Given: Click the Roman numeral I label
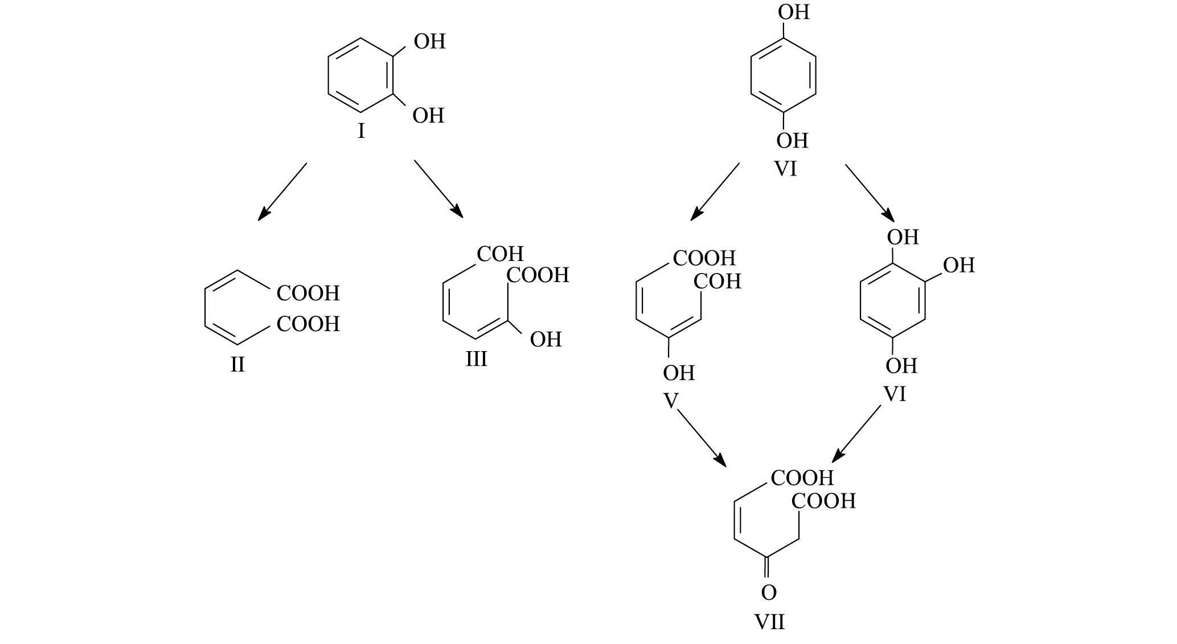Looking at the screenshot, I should pyautogui.click(x=361, y=132).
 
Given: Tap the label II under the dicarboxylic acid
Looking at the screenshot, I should pyautogui.click(x=237, y=364).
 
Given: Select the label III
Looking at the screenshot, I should pyautogui.click(x=476, y=359).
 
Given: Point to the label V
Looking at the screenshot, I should pyautogui.click(x=671, y=401).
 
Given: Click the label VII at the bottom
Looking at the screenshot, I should pyautogui.click(x=769, y=621).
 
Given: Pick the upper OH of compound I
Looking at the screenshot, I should pyautogui.click(x=429, y=42).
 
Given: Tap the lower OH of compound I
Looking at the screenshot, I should pyautogui.click(x=428, y=116).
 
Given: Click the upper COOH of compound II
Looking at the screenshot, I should pyautogui.click(x=308, y=294).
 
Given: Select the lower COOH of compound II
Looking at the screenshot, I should pyautogui.click(x=308, y=324).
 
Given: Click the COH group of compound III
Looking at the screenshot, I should pyautogui.click(x=500, y=254).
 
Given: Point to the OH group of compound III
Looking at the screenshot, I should pyautogui.click(x=546, y=340).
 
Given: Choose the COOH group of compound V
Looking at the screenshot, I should pyautogui.click(x=704, y=258).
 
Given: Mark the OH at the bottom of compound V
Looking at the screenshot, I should pyautogui.click(x=679, y=373).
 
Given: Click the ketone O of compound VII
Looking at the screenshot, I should pyautogui.click(x=769, y=593).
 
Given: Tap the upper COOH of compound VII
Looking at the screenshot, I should pyautogui.click(x=802, y=478).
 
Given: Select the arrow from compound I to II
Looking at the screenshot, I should pyautogui.click(x=282, y=191).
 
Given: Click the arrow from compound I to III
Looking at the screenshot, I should pyautogui.click(x=438, y=189).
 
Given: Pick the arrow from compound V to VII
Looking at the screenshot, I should pyautogui.click(x=702, y=437).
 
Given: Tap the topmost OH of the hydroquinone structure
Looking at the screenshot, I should pyautogui.click(x=794, y=12).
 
